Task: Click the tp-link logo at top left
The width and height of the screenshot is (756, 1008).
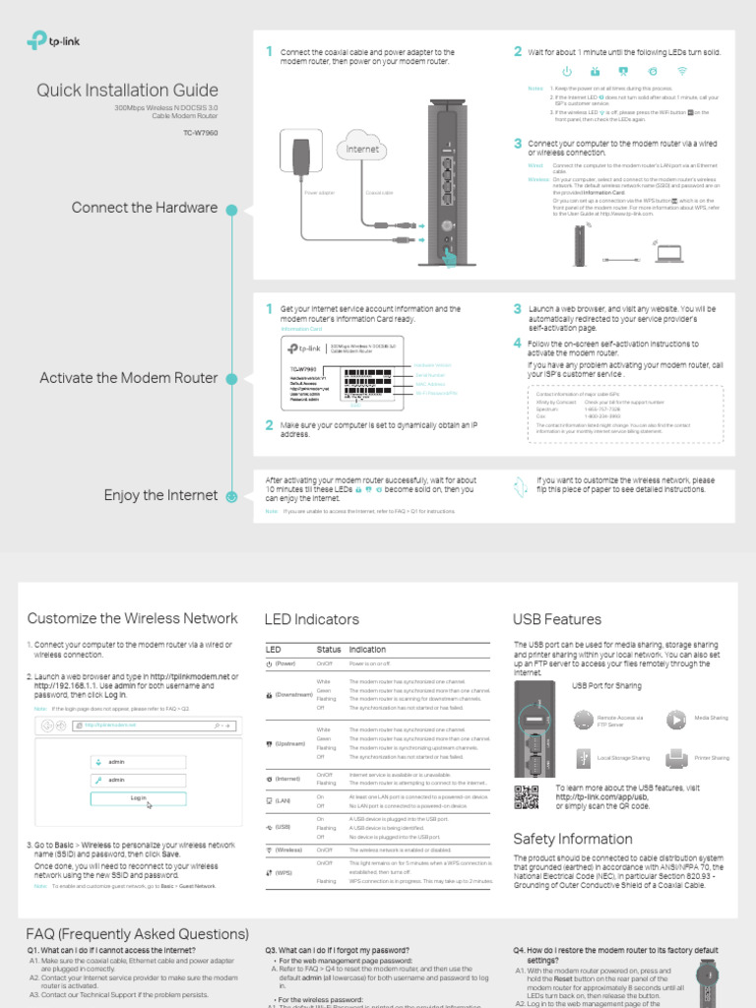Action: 51,41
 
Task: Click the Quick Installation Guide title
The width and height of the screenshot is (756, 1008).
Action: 127,92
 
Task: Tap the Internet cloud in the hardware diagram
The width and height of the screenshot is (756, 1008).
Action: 361,150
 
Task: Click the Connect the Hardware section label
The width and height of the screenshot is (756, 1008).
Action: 144,208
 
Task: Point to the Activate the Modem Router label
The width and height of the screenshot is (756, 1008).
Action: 128,378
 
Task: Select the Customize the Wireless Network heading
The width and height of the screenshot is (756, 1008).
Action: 132,619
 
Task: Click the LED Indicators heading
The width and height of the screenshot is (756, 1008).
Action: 311,620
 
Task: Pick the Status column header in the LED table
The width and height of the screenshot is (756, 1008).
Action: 329,650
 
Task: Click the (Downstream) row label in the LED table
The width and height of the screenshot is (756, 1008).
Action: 292,695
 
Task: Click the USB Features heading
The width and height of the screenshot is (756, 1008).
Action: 557,620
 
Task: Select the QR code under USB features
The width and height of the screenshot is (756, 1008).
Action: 527,796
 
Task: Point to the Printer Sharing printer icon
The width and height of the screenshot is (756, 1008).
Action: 676,757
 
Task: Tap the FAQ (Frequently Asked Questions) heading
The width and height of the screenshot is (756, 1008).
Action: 138,934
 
